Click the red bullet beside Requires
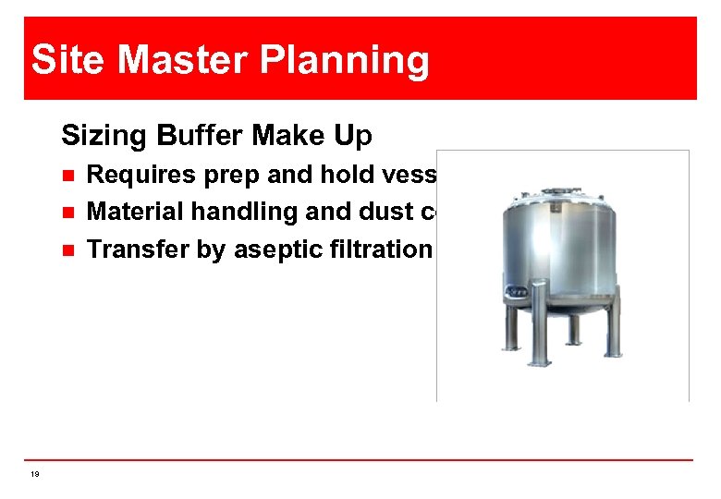click(66, 175)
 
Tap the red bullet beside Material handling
click(66, 212)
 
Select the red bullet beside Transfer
click(66, 249)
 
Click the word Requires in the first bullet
click(135, 175)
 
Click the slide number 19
click(34, 474)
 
